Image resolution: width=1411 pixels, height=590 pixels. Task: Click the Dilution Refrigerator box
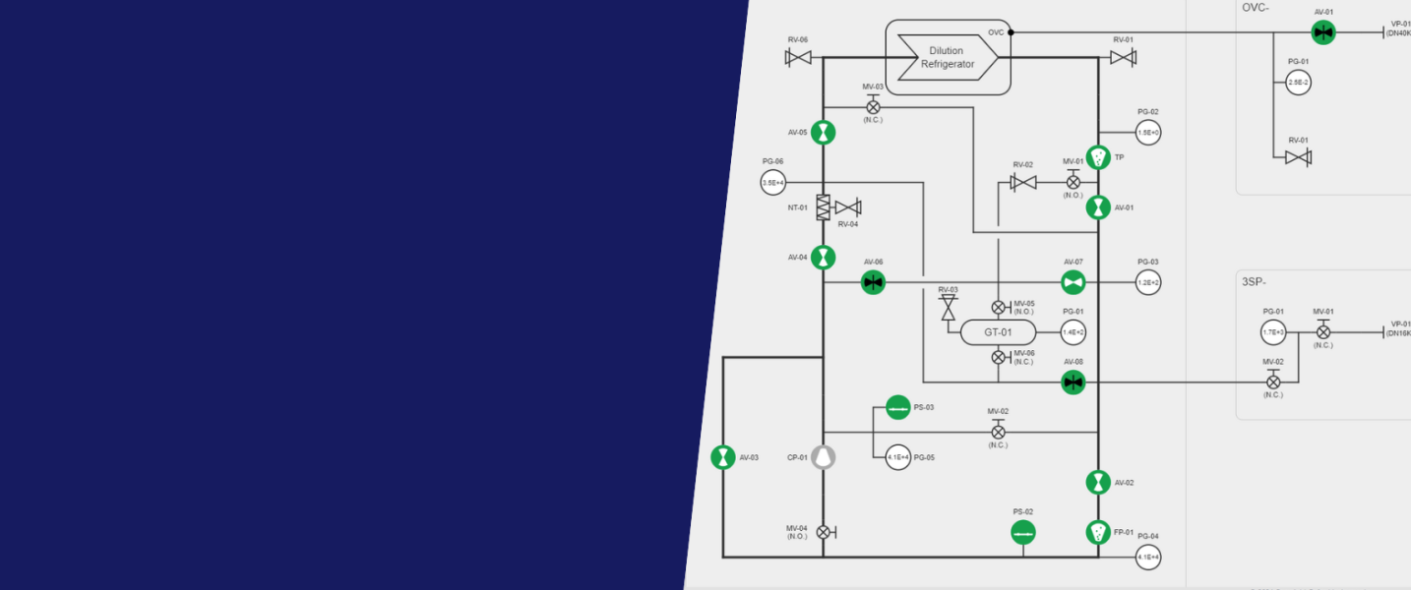(x=948, y=58)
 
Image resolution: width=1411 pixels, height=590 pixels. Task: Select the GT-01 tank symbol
(x=998, y=332)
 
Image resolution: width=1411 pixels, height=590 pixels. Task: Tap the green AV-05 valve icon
(x=824, y=133)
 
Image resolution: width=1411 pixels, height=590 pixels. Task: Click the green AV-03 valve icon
(x=723, y=457)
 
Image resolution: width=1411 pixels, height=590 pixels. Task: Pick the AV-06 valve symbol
(x=873, y=283)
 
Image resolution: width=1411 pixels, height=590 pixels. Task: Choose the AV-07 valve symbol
(x=1073, y=283)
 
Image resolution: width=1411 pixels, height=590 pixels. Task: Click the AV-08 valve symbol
(x=1073, y=382)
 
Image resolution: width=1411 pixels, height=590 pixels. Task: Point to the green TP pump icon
(x=1098, y=157)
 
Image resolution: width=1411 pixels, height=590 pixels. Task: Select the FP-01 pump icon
(x=1098, y=532)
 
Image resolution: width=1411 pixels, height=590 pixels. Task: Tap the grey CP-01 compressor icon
(x=824, y=456)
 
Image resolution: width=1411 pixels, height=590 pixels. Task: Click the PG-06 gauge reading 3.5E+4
(x=773, y=182)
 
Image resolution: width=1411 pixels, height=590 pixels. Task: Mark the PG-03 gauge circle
(x=1148, y=283)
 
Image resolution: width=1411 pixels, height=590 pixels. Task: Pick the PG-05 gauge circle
(x=897, y=457)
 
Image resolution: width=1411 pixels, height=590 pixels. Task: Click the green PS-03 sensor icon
(x=897, y=407)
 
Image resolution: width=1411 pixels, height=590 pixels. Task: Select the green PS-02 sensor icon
(x=1023, y=532)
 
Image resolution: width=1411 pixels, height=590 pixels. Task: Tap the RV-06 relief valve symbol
(x=798, y=58)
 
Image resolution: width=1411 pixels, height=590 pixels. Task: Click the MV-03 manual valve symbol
(x=873, y=106)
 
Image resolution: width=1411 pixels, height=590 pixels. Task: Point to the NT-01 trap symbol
(x=824, y=206)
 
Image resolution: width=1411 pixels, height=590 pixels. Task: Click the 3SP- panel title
(x=1253, y=281)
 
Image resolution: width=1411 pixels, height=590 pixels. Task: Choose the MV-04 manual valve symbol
(x=824, y=532)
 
